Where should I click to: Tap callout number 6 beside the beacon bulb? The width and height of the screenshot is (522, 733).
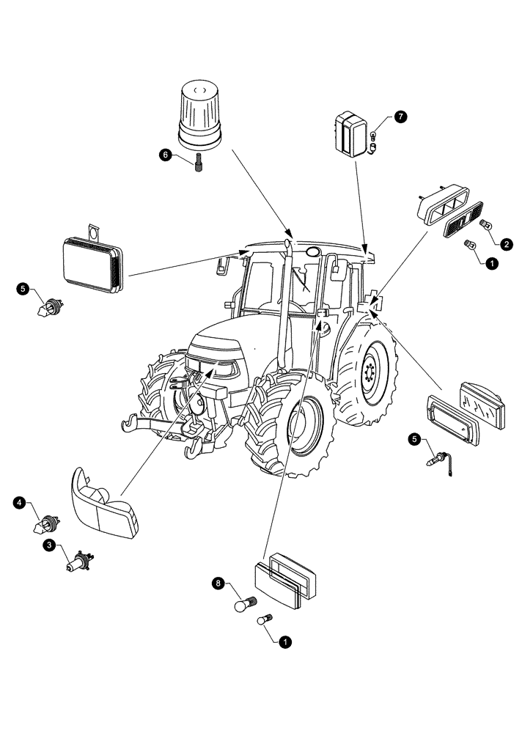166,154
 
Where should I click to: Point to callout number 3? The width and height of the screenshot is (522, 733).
49,545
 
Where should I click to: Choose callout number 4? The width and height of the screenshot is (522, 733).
19,503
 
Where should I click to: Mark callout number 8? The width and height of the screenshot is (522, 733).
216,583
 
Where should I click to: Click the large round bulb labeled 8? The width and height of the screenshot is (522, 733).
241,605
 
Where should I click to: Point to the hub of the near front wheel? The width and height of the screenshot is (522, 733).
299,421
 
